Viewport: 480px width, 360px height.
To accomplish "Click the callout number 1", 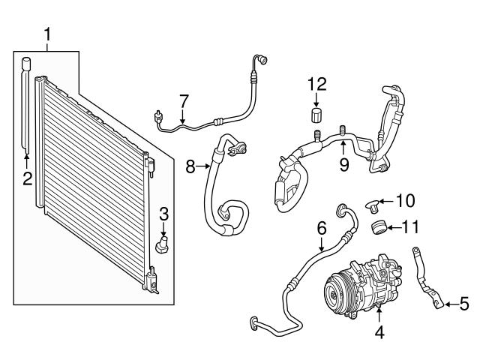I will (x=47, y=34).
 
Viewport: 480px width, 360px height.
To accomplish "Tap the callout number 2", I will (x=27, y=178).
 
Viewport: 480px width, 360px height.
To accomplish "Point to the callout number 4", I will (x=379, y=331).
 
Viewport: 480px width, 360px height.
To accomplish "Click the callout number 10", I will (x=405, y=200).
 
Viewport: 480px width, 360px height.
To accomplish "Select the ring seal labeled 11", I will (x=380, y=226).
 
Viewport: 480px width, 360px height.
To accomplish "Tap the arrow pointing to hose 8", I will (x=205, y=166).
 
